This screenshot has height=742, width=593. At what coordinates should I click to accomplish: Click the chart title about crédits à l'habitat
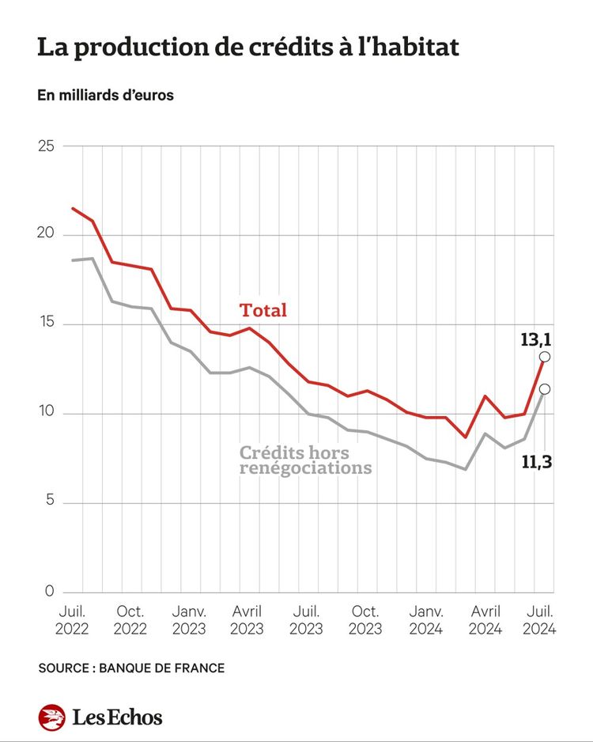coord(247,47)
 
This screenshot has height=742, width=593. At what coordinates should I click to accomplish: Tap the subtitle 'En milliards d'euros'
coord(105,95)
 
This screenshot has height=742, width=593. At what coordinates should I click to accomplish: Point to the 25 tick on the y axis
coord(46,146)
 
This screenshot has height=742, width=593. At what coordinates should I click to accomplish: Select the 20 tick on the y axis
coord(46,235)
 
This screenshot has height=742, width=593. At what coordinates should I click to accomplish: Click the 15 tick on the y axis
coord(46,324)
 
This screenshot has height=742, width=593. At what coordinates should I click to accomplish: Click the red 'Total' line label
coord(263,310)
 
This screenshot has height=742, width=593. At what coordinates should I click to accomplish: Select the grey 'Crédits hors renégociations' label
coord(305,460)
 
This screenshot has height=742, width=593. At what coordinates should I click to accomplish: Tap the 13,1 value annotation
coord(535,340)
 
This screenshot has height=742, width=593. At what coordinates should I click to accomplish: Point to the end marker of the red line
coord(545,357)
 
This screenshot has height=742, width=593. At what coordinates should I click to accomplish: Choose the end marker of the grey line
coord(545,389)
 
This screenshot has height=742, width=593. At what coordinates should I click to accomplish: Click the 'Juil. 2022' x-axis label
coord(72,620)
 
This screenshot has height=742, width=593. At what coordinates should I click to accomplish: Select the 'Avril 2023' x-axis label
coord(247,620)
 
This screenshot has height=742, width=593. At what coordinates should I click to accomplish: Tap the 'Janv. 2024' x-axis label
coord(425,620)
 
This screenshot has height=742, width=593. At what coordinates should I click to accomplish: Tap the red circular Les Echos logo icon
coord(52,717)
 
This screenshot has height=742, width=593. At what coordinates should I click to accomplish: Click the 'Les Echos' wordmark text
coord(117,717)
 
